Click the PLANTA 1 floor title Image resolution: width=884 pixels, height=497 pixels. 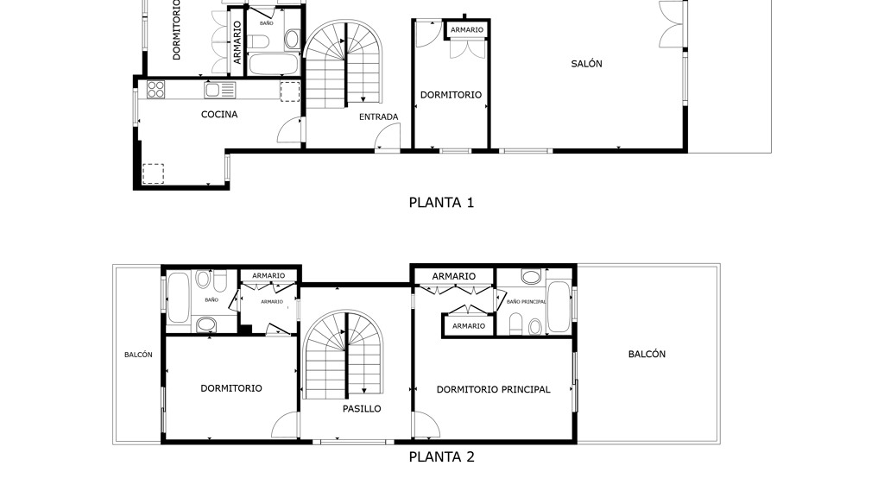point(441,202)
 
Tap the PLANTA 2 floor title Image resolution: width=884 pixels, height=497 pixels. point(441,457)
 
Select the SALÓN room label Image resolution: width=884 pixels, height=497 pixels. point(586,64)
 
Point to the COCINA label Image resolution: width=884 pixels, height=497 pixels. point(219,115)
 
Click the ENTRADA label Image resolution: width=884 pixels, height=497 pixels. point(379,116)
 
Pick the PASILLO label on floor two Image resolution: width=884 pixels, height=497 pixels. point(362,408)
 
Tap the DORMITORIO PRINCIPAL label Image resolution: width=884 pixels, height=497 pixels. point(493,389)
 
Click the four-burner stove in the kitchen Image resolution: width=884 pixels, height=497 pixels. point(156,90)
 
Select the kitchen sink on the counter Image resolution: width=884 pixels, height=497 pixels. point(220,90)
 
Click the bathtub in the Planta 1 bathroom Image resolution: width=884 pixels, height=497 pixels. point(273,64)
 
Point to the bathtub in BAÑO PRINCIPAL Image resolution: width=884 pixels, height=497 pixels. point(559,307)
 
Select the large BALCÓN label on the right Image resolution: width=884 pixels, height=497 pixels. point(647,354)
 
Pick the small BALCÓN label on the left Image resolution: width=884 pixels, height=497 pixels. point(138,355)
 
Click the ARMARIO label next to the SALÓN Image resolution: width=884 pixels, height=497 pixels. point(467,30)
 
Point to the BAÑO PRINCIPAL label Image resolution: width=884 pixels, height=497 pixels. point(526,301)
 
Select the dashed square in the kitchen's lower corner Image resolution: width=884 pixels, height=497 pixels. point(153,173)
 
